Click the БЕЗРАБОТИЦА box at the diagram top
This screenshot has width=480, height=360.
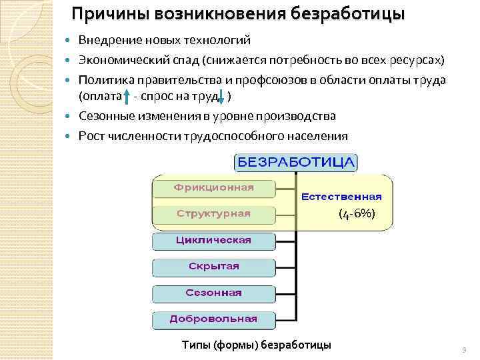coord(296,163)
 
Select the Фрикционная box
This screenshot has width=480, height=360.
coord(213,187)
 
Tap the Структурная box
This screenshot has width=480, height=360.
coord(213,214)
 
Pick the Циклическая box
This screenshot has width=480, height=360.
coord(213,240)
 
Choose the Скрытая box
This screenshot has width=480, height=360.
coord(213,267)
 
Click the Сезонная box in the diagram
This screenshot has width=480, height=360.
coord(213,293)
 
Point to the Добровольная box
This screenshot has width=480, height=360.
coord(213,319)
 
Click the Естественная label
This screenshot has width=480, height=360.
coord(341,197)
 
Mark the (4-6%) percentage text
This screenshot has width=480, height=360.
coord(357,214)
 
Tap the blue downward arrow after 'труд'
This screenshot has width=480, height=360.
coord(222,97)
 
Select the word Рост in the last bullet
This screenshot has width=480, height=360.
coord(91,136)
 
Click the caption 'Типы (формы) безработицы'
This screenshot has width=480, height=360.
coord(256,345)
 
